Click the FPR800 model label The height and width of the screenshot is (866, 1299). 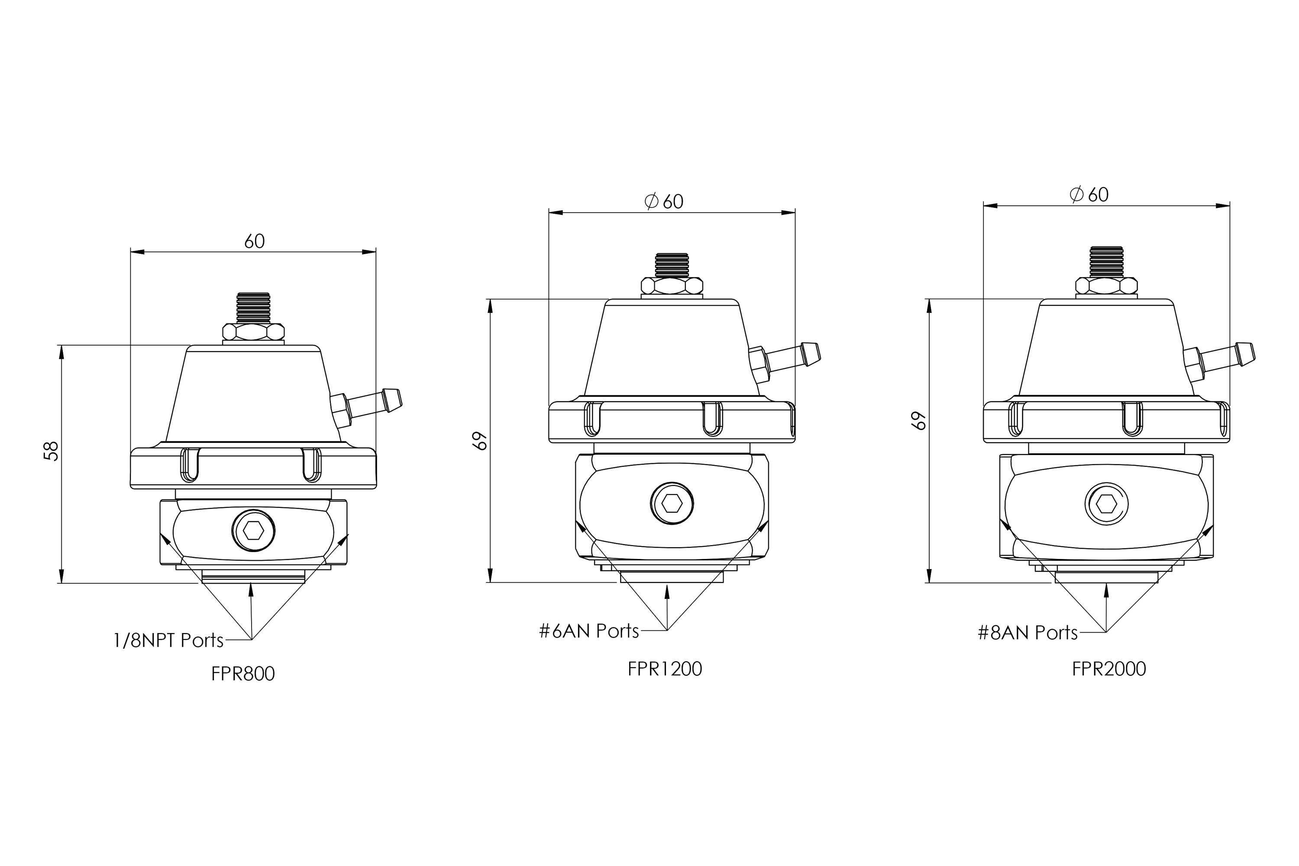[242, 674]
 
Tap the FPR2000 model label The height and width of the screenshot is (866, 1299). [1109, 669]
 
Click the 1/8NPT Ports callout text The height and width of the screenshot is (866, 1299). [168, 640]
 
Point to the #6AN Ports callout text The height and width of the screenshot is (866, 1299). [589, 631]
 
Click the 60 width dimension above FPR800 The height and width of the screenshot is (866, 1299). [255, 241]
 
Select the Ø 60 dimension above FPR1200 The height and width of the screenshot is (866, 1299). [664, 202]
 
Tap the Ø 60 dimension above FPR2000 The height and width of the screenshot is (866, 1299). [1089, 194]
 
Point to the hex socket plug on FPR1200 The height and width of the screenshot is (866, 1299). [672, 503]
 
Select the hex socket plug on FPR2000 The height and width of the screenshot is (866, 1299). [1106, 504]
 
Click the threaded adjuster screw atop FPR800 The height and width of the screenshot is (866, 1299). [253, 308]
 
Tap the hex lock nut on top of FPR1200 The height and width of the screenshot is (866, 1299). [672, 285]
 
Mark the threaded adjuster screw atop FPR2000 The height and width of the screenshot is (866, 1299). [1106, 262]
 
